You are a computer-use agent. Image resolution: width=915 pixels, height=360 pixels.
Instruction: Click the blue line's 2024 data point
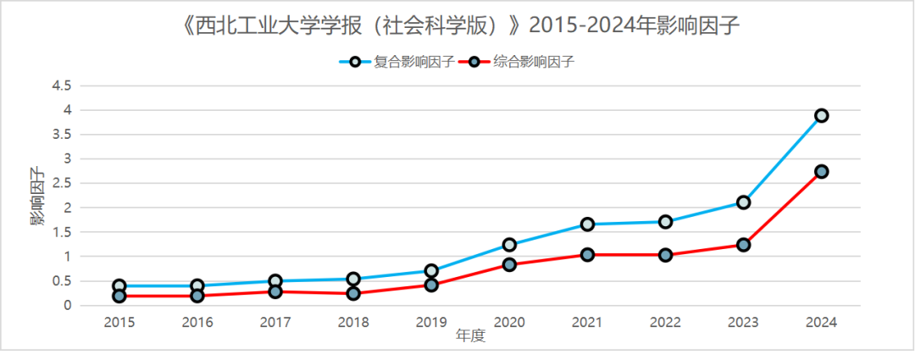[821, 115]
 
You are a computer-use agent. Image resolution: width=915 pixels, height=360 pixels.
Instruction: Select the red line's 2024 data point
[821, 171]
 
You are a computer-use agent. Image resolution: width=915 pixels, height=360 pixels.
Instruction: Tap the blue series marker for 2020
[509, 245]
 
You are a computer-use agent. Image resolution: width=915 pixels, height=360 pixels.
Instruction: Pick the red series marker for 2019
[431, 285]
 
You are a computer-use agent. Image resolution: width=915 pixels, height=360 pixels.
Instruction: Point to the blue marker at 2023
[743, 202]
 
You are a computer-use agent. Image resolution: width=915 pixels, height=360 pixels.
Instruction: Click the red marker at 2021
[587, 254]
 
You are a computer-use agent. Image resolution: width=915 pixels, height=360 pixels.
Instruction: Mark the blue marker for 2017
[275, 281]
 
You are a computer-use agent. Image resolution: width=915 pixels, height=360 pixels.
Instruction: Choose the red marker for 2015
[119, 296]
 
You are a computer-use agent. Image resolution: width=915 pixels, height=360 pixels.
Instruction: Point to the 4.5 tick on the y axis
[61, 86]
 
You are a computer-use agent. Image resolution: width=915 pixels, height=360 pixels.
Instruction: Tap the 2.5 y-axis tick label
[61, 183]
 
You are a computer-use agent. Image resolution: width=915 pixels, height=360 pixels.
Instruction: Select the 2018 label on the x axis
[353, 322]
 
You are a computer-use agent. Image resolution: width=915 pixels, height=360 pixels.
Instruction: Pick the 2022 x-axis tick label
[665, 322]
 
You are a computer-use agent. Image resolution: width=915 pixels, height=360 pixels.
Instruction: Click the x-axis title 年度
[470, 335]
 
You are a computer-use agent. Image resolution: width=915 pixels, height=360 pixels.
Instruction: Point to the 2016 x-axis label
[197, 322]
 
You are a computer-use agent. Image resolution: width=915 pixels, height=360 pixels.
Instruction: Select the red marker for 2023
[743, 245]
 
